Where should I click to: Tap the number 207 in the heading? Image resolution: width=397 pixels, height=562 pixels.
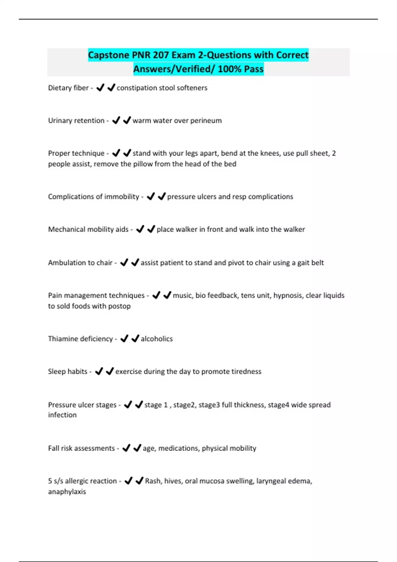[161, 55]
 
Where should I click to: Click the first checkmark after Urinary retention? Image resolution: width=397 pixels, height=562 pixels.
[116, 120]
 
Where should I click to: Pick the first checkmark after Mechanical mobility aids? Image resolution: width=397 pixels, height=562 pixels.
[140, 229]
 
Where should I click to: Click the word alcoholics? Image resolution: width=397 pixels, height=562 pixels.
[156, 339]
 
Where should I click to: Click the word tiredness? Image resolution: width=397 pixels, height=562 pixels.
[246, 372]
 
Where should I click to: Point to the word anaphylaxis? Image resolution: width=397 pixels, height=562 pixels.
[67, 492]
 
